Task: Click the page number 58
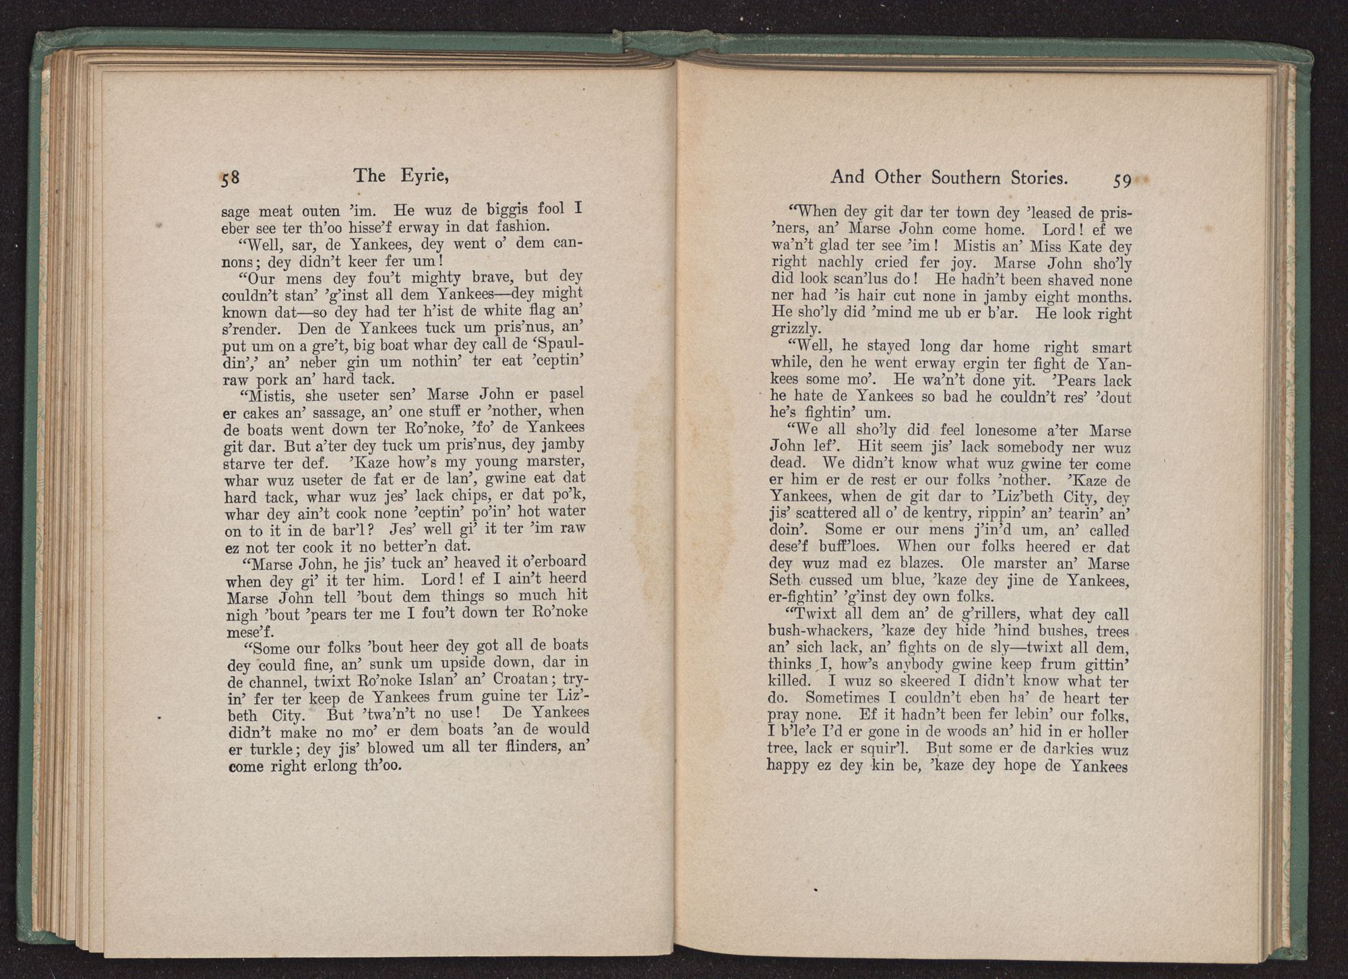pos(229,179)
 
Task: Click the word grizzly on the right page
pos(795,329)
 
